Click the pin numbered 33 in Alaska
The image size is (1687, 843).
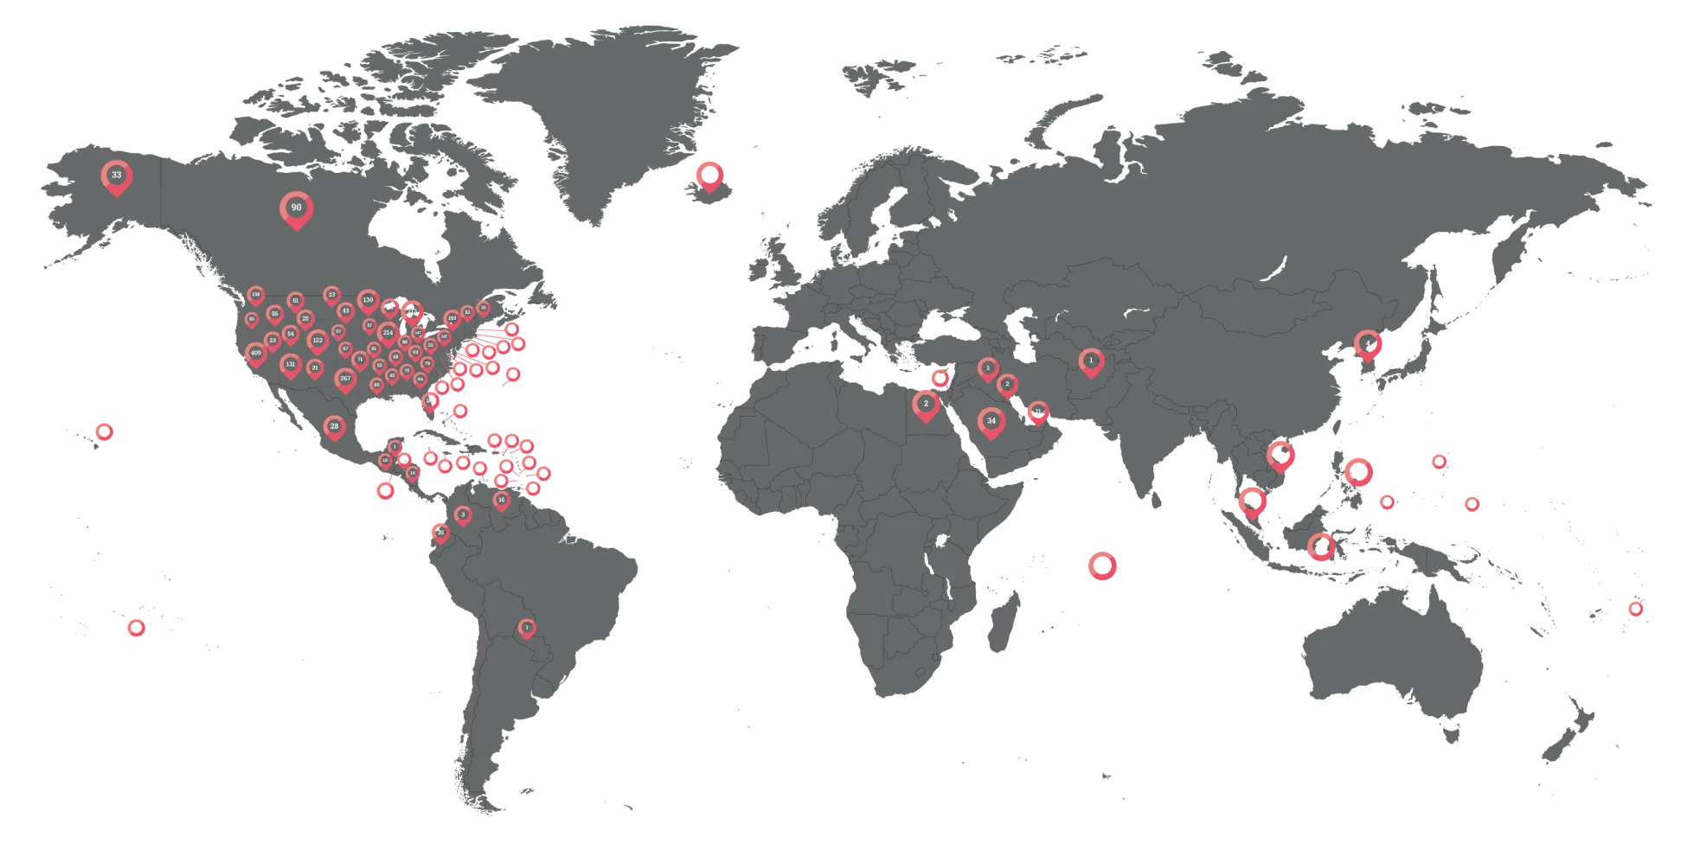point(116,176)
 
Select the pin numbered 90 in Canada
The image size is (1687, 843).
point(296,208)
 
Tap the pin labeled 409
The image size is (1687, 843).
point(255,354)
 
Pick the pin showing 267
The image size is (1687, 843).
point(345,379)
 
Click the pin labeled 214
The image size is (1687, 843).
point(388,333)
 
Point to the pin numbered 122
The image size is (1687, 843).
point(318,341)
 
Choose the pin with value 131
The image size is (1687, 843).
point(291,365)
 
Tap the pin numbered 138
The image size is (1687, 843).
point(255,295)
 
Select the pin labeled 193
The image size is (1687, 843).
point(452,318)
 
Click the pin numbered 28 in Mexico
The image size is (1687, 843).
point(334,426)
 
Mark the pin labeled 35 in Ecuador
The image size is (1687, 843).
point(440,533)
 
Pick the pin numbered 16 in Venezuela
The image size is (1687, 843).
point(501,500)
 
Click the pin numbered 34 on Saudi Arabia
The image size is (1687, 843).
point(991,421)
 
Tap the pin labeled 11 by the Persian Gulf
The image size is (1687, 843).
point(1038,412)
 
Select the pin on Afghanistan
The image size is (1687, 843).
point(1091,361)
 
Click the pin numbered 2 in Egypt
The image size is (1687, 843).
point(926,404)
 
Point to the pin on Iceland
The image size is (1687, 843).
point(709,175)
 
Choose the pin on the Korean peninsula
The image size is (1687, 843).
point(1367,344)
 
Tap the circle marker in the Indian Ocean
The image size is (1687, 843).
point(1101,565)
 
